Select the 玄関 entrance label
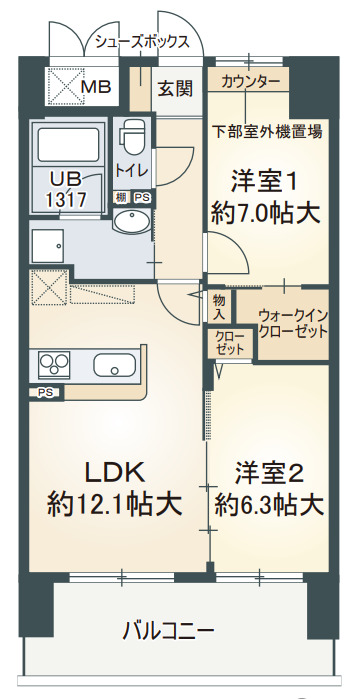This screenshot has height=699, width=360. [x=174, y=89]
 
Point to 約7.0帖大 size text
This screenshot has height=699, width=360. [x=265, y=212]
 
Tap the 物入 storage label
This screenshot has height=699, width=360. [x=219, y=306]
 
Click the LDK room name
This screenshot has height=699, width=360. [x=114, y=471]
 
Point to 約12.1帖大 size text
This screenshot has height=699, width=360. [x=114, y=504]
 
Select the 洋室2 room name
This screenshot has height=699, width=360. [x=269, y=471]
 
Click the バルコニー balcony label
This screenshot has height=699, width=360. [x=168, y=631]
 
